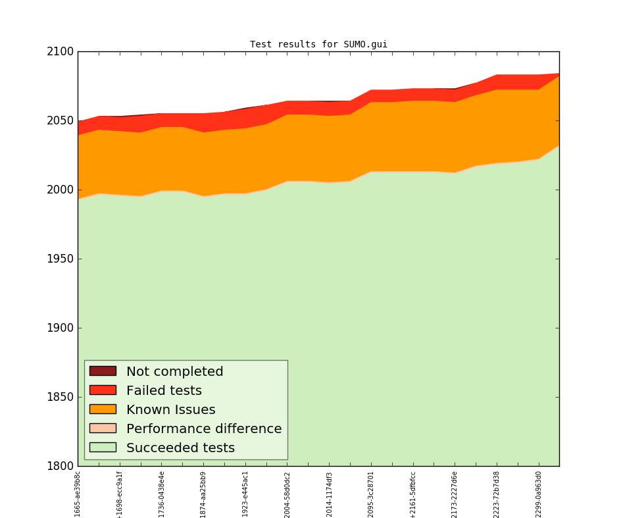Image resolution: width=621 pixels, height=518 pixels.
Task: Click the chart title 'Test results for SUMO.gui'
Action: tap(318, 45)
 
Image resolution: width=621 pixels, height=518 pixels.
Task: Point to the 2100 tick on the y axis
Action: tap(60, 52)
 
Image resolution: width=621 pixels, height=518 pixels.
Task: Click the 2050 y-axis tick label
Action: tap(60, 121)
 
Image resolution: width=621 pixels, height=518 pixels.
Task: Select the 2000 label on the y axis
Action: tap(60, 190)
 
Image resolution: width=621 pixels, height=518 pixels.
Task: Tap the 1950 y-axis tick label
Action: tap(60, 259)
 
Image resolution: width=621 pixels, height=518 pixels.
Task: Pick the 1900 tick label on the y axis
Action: tap(60, 328)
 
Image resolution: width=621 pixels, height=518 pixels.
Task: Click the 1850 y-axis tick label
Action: tap(60, 398)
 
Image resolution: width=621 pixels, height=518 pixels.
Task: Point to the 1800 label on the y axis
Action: tap(60, 467)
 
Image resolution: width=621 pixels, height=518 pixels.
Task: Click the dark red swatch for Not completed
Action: tap(103, 371)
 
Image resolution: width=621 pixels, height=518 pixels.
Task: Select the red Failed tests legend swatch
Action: tap(103, 390)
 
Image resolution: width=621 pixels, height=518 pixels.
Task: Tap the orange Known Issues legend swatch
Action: tap(103, 409)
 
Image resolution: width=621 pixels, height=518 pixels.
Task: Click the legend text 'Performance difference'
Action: tap(204, 429)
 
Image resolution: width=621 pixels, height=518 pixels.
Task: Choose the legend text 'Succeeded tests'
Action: tap(180, 448)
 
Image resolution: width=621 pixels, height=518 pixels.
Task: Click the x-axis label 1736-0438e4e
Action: tap(162, 494)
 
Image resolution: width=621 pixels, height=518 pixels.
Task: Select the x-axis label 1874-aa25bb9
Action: tap(203, 494)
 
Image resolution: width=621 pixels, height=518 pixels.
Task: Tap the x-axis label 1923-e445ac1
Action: tap(245, 494)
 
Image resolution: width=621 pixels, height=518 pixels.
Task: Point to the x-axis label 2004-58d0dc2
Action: tap(287, 494)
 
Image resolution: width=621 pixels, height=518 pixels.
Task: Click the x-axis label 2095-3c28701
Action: tap(371, 494)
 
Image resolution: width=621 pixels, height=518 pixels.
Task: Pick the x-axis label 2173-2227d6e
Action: tap(455, 494)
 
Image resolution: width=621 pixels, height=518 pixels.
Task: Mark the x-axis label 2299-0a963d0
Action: tap(539, 494)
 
